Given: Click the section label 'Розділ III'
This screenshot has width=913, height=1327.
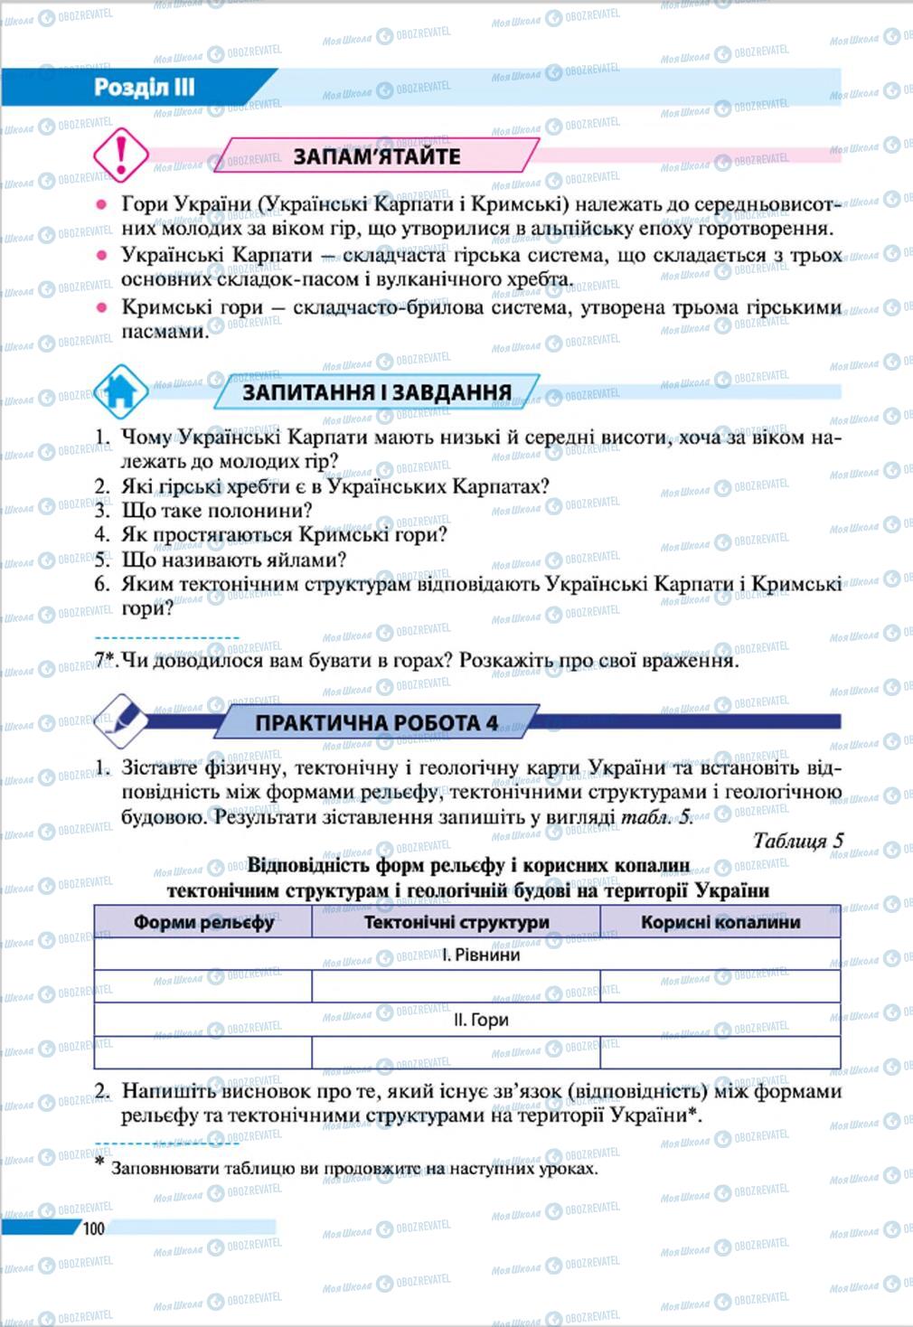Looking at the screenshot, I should tap(144, 88).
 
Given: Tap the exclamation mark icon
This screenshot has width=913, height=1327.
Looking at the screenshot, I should tap(121, 154).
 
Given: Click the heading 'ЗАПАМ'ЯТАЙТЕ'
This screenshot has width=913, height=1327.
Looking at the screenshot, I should tap(377, 156).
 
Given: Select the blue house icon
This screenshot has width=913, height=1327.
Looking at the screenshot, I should tap(120, 390).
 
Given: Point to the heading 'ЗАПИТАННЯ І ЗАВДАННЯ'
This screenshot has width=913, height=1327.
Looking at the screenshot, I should tap(377, 392).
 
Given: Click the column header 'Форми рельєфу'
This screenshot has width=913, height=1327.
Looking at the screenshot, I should tap(203, 923).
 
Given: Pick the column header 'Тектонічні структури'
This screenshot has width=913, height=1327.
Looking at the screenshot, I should tap(456, 923).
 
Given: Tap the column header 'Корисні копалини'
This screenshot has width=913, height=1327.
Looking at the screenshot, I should tap(720, 923).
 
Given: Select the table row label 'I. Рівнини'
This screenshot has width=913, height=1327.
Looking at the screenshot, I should tap(481, 955).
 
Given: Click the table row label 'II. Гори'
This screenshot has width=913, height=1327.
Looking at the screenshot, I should tap(481, 1020).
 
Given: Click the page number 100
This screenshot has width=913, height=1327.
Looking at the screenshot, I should tap(94, 1228).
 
